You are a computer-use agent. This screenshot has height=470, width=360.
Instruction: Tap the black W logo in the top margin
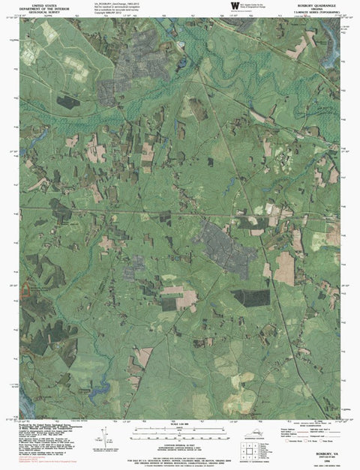tap(235, 7)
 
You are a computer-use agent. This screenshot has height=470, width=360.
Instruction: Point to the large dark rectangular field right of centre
tap(250, 298)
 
